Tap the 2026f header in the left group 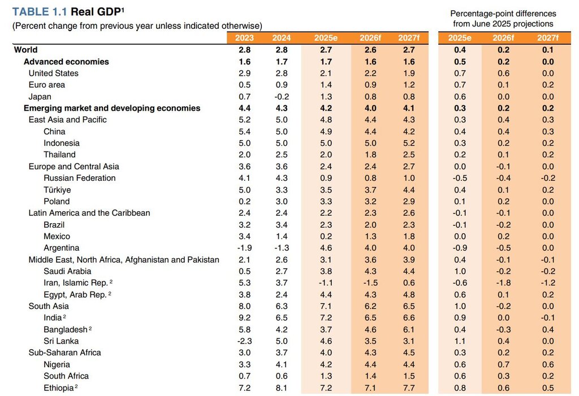click(x=369, y=38)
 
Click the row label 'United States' click(x=54, y=73)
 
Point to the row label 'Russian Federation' click(x=79, y=178)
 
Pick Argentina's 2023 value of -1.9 click(x=244, y=248)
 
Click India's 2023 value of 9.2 click(x=245, y=317)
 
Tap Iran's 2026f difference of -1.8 click(x=503, y=283)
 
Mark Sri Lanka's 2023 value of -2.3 click(x=244, y=341)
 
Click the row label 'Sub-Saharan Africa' click(x=64, y=353)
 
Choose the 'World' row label click(x=26, y=50)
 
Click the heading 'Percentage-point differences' click(x=503, y=14)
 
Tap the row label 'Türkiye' click(x=57, y=190)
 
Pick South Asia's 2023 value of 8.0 click(x=245, y=306)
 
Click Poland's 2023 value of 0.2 click(x=245, y=202)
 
